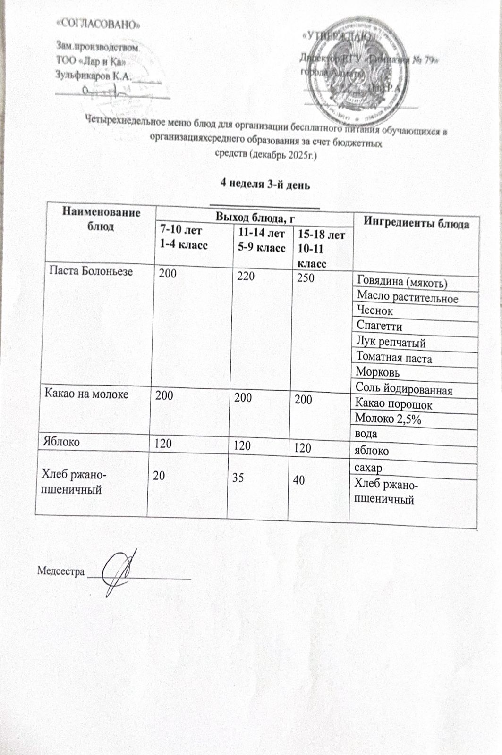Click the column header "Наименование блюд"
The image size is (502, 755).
pyautogui.click(x=102, y=218)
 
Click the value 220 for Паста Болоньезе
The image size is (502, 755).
pyautogui.click(x=246, y=275)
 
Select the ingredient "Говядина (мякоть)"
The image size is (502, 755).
pyautogui.click(x=402, y=282)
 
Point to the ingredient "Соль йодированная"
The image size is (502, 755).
pyautogui.click(x=404, y=390)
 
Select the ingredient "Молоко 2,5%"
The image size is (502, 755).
pyautogui.click(x=387, y=419)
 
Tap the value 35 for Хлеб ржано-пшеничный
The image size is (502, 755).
pyautogui.click(x=238, y=478)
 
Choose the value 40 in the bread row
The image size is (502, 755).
pyautogui.click(x=298, y=480)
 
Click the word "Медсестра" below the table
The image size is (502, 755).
pyautogui.click(x=61, y=571)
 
